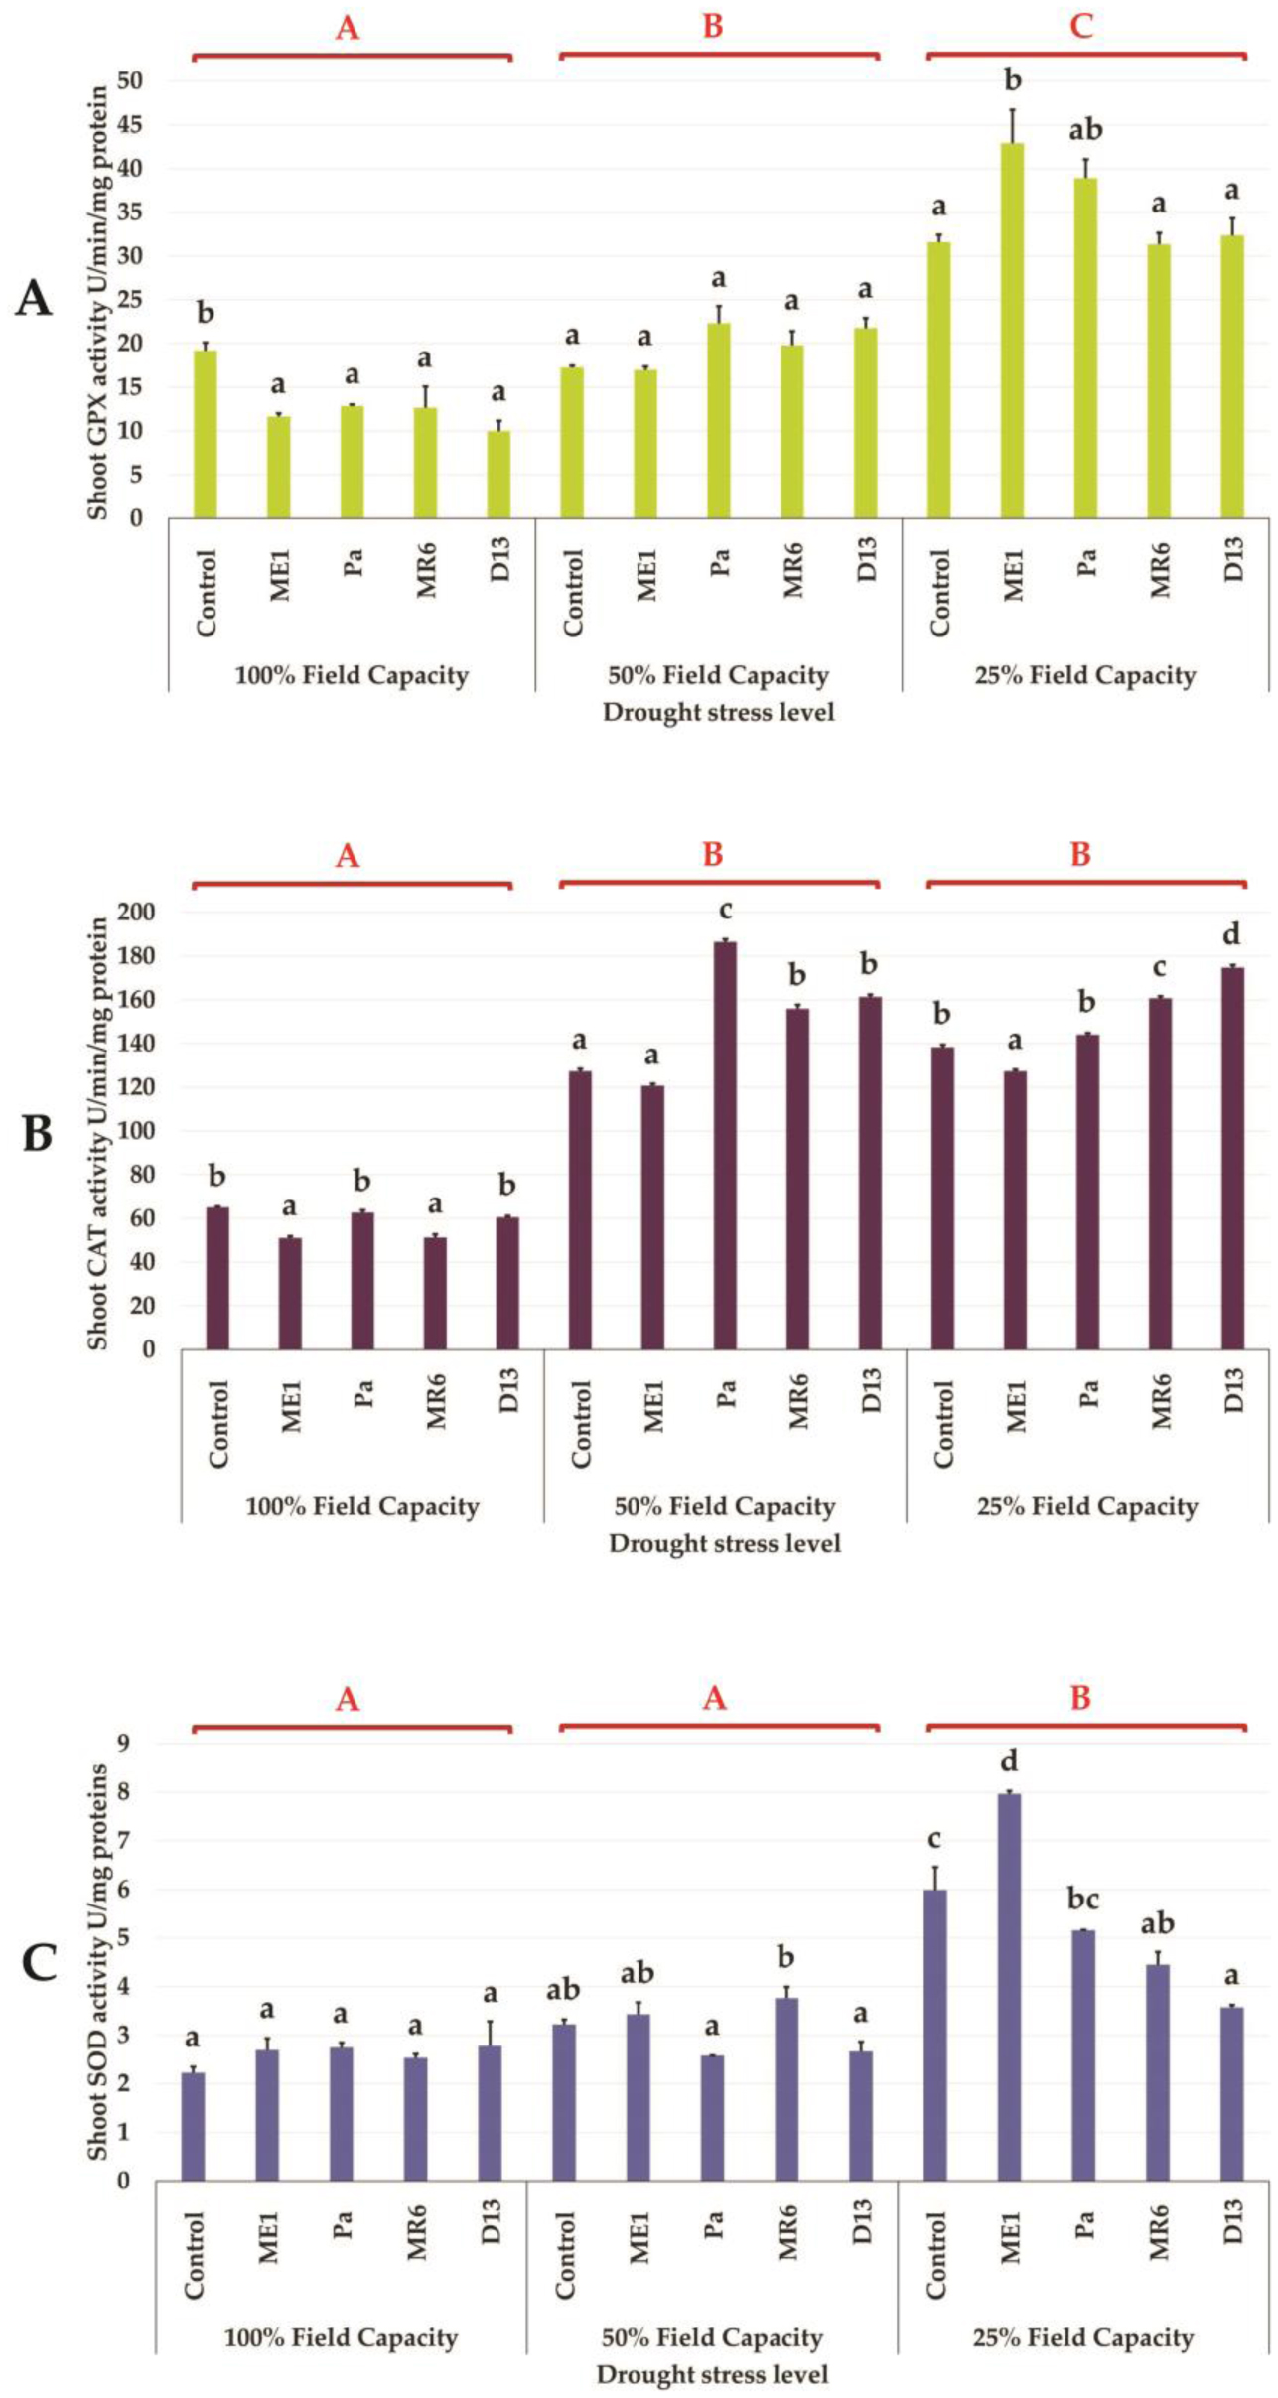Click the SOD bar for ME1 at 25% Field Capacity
point(1009,1986)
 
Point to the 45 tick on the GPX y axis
point(129,125)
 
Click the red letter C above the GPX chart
point(1081,26)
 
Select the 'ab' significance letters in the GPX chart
point(1085,130)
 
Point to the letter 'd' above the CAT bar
point(1231,934)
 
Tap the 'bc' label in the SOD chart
point(1082,1899)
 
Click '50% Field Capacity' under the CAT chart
point(724,1506)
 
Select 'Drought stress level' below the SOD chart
point(712,2374)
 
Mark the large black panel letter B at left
point(37,1134)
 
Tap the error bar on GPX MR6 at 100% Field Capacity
point(425,396)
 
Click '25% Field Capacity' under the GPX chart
point(1084,676)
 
